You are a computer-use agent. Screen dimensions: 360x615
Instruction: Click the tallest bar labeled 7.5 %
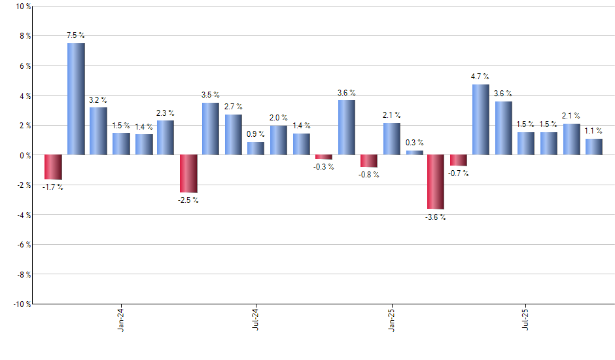pos(76,99)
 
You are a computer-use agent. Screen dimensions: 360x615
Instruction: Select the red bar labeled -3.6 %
pos(436,182)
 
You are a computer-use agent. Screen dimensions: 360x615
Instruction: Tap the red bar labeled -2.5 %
pos(188,173)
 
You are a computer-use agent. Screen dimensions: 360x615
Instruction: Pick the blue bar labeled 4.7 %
pos(481,120)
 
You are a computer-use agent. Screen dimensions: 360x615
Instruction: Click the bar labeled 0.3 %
pos(414,153)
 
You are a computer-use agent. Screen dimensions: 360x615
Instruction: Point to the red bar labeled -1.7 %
pos(53,168)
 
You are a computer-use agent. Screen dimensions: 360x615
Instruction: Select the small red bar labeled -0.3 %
pos(323,157)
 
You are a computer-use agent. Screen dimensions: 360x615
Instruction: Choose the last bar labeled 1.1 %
pos(594,147)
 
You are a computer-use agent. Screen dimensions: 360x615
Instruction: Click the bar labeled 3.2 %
pos(98,131)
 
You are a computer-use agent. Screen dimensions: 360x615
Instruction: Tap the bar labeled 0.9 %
pos(256,148)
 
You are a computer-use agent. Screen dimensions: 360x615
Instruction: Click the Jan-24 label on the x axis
pos(121,319)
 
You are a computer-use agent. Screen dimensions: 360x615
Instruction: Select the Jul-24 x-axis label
pos(255,319)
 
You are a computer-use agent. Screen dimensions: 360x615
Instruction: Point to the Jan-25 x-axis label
pos(391,319)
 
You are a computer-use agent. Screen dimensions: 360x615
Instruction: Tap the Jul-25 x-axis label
pos(526,319)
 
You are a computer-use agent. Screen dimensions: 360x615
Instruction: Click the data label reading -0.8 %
pos(368,175)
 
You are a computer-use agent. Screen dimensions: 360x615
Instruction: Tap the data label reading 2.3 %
pos(166,113)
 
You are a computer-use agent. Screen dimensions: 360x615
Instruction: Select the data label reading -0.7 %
pos(459,173)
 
